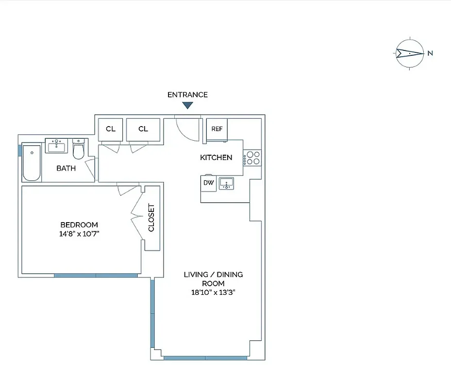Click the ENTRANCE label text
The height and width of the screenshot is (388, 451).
pos(187,95)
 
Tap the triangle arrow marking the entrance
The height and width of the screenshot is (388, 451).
pos(187,105)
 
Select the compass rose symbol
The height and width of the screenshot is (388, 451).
pos(409,53)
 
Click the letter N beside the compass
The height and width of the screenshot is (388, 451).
pos(430,53)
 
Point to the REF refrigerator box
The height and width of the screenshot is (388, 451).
pos(217,129)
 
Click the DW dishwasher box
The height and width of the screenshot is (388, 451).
pos(209,183)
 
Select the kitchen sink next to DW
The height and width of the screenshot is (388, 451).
pos(226,183)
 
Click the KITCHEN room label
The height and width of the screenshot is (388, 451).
pos(216,158)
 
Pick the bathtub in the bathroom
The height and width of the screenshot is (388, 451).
pos(32,162)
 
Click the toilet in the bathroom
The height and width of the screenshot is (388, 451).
pos(79,150)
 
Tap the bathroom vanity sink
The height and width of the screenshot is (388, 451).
pos(57,145)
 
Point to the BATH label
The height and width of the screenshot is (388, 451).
pos(66,169)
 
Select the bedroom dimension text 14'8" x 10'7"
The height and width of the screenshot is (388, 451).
pos(79,234)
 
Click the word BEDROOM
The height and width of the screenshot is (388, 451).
pos(79,225)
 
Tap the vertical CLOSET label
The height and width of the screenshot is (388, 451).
pos(151,217)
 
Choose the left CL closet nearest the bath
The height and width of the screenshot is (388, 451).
pos(111,129)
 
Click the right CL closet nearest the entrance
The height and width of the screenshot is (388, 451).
pos(143,129)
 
